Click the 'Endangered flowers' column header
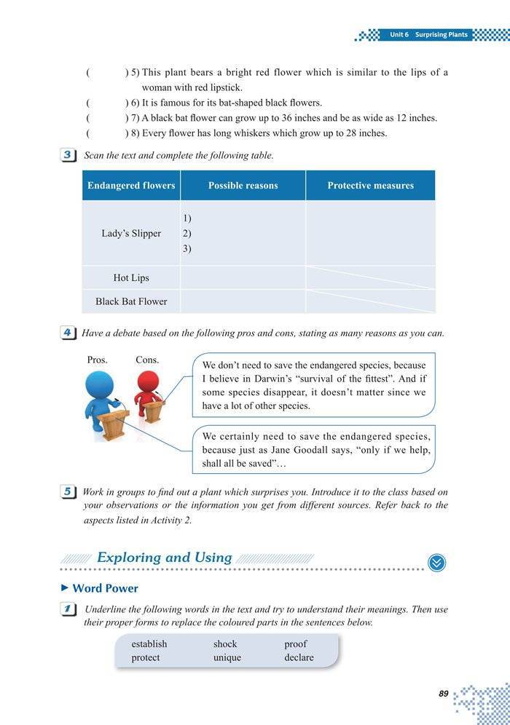[131, 186]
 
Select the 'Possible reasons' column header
[243, 186]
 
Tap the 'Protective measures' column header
[370, 186]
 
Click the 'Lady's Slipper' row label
[131, 234]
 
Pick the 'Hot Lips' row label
[131, 278]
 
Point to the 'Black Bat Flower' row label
[131, 301]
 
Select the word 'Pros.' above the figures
[97, 360]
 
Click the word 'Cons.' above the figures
[147, 360]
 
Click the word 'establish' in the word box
[149, 644]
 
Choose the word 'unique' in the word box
[227, 658]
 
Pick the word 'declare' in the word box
[299, 658]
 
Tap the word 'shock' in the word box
[225, 644]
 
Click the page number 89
[444, 694]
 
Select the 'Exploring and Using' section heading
[164, 558]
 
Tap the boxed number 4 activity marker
[67, 333]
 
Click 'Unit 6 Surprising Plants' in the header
[428, 34]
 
